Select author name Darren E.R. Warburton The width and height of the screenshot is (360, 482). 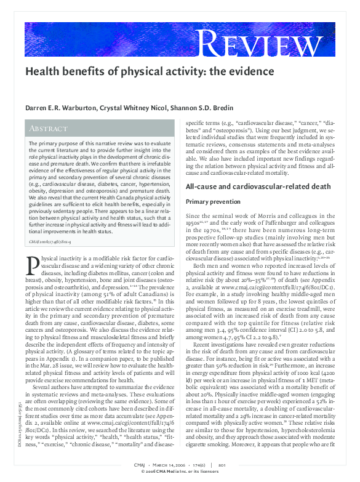pyautogui.click(x=63, y=107)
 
